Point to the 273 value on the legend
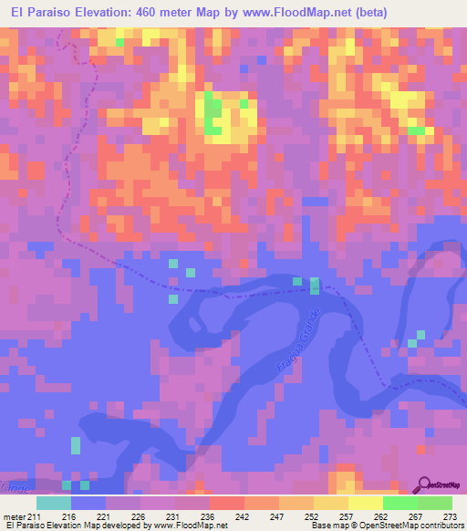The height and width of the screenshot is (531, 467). click(449, 515)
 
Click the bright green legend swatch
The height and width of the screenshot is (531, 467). click(400, 503)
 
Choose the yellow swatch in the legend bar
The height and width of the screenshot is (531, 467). click(365, 503)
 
